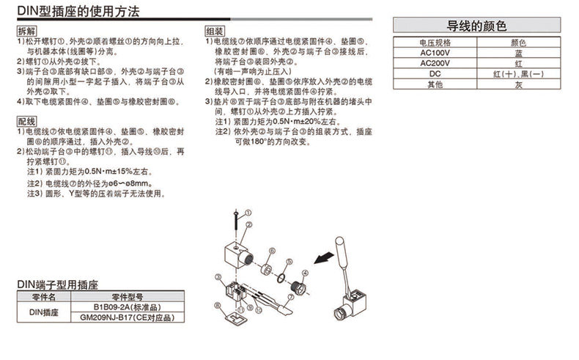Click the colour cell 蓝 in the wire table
(518, 54)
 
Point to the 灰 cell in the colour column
(518, 84)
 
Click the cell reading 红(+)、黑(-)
(518, 74)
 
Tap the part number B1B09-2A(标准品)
(126, 307)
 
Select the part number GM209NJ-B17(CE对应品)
(126, 317)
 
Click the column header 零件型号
(126, 297)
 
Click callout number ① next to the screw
(248, 211)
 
